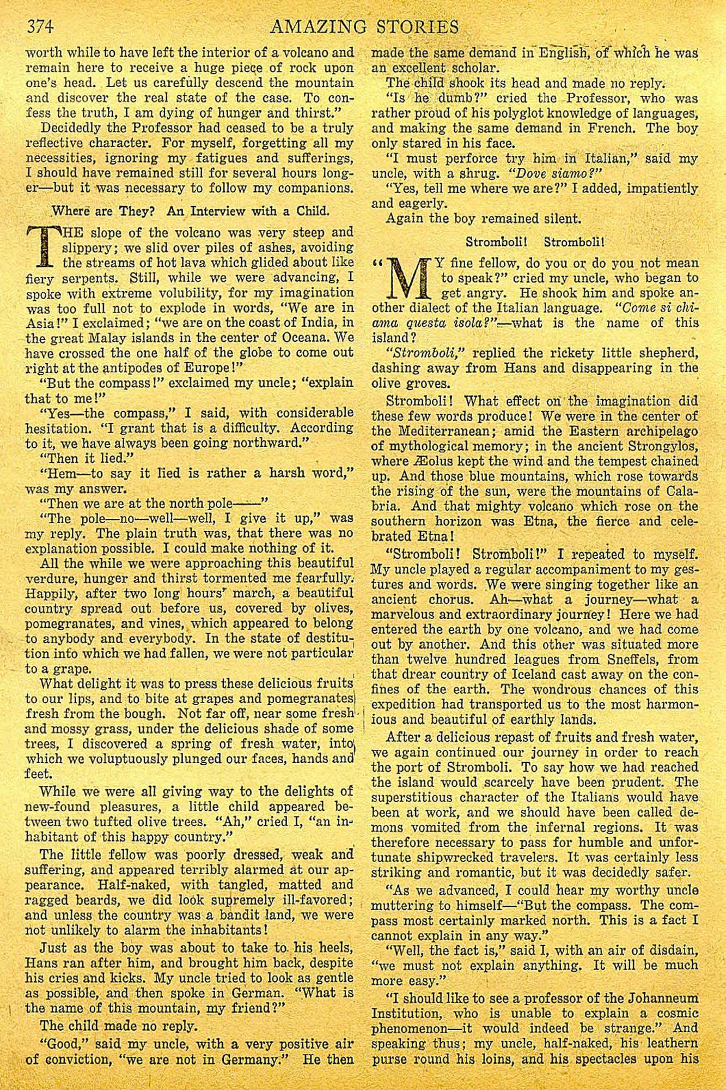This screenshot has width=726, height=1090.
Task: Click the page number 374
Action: tap(41, 26)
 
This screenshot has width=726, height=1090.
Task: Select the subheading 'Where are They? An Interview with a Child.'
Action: tap(190, 211)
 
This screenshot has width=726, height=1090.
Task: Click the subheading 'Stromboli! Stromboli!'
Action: tap(535, 241)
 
